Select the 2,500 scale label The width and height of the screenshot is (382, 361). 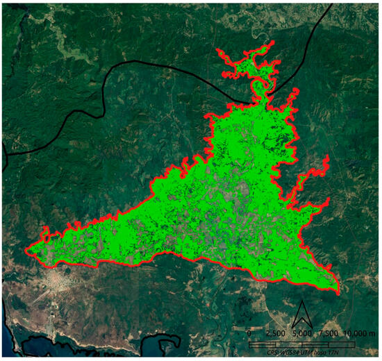[x=276, y=333]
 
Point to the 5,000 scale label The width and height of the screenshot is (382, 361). [x=302, y=333]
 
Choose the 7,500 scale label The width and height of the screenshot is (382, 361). [x=329, y=333]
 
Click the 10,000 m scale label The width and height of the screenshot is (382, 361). [x=358, y=333]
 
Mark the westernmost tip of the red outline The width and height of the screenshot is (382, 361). [x=26, y=248]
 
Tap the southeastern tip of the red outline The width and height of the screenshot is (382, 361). [x=338, y=292]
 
